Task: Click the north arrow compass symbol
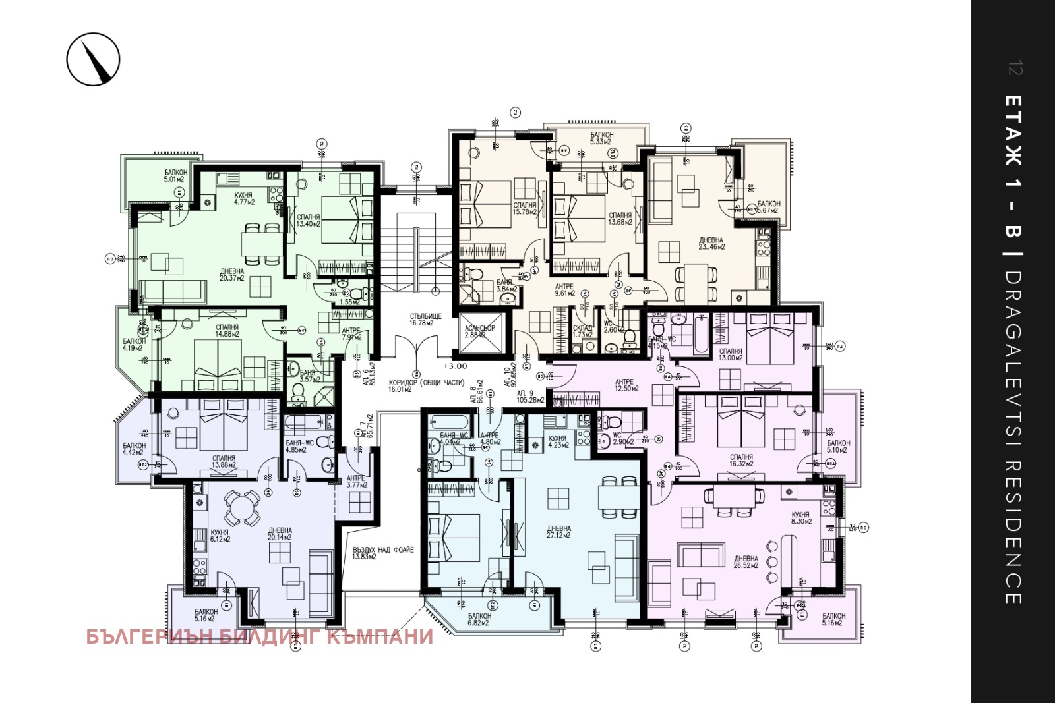tap(93, 59)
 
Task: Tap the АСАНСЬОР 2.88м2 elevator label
tap(479, 331)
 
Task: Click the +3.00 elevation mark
tap(454, 366)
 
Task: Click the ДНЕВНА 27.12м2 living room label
tap(558, 532)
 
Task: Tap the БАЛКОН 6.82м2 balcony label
tap(479, 619)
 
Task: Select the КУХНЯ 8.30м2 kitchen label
tap(801, 518)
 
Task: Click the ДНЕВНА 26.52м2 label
tap(746, 561)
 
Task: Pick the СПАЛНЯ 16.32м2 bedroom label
tap(741, 460)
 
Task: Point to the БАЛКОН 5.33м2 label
tap(601, 138)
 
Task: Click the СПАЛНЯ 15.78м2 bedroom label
tap(525, 208)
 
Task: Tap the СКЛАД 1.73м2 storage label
tap(582, 331)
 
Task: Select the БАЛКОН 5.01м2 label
tap(175, 175)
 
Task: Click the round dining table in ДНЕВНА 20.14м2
tap(242, 508)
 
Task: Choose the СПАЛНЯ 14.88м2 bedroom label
tap(227, 331)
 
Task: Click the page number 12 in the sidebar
tap(1015, 68)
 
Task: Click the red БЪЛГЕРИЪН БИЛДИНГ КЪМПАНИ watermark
tap(260, 636)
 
